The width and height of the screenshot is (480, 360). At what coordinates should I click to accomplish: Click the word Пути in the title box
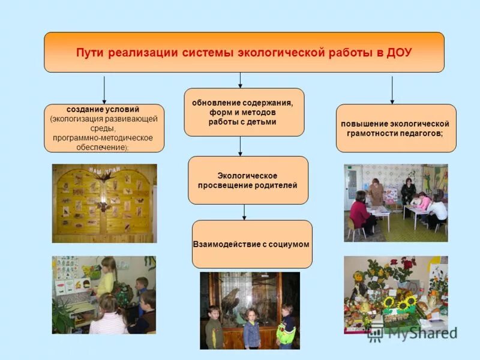tap(89, 52)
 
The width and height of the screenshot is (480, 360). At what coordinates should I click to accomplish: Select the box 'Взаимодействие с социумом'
tap(252, 244)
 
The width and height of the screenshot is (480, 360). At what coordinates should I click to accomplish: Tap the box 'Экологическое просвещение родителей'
tap(248, 180)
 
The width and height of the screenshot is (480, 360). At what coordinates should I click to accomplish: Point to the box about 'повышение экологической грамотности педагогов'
tap(395, 128)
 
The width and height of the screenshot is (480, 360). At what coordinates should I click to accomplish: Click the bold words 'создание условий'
tap(103, 110)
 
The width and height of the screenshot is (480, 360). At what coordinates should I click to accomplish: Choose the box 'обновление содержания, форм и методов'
tap(243, 112)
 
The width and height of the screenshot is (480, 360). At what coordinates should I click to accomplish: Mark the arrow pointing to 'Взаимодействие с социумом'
tap(244, 212)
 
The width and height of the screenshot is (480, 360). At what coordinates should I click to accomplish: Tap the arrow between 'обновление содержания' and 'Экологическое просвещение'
tap(241, 146)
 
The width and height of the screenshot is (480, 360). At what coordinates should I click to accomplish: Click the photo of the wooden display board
tap(104, 203)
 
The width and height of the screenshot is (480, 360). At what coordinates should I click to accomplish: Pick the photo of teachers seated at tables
tap(395, 203)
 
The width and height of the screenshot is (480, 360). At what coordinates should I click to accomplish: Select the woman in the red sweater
tap(361, 213)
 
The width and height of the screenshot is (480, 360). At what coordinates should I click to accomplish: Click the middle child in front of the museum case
tap(252, 327)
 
